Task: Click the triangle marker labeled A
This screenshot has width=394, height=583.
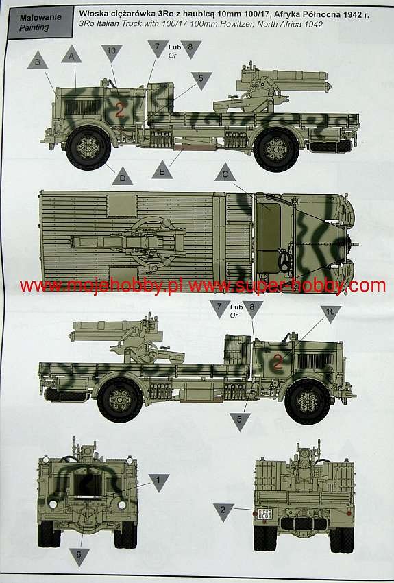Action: click(71, 55)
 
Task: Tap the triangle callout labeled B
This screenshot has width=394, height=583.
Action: click(38, 61)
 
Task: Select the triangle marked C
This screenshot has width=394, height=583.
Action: click(225, 174)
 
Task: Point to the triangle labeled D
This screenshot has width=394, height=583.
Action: click(123, 178)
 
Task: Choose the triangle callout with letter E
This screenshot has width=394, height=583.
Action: click(162, 171)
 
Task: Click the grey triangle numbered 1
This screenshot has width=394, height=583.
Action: click(159, 481)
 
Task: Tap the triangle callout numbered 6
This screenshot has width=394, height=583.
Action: click(79, 556)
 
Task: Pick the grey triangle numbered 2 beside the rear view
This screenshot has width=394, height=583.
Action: click(223, 511)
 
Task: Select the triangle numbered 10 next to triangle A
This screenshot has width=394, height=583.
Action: click(112, 52)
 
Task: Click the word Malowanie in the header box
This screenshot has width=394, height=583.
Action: click(40, 17)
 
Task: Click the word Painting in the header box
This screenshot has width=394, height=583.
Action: click(34, 27)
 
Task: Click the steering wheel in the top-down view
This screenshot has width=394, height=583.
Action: click(286, 261)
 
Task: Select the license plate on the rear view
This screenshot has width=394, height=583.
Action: click(264, 514)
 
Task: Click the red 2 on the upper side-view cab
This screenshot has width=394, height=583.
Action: click(119, 110)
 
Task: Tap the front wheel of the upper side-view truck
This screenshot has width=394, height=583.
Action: click(88, 148)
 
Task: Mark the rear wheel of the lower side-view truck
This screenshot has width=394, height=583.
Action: click(120, 400)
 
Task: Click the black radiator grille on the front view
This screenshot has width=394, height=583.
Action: click(88, 485)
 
